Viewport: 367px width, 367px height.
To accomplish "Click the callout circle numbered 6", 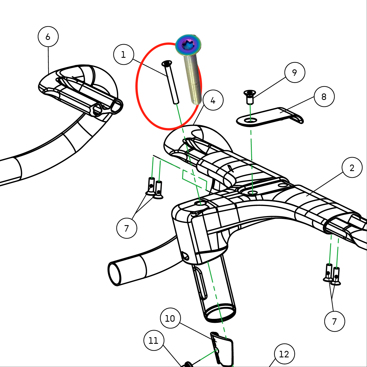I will click(x=48, y=37).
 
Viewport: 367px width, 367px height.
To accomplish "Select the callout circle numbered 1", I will click(x=123, y=54).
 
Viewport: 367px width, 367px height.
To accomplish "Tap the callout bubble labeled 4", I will click(x=213, y=100).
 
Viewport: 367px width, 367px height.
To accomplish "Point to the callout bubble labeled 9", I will click(x=295, y=72).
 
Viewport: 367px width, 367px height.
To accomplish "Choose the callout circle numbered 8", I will click(x=324, y=97).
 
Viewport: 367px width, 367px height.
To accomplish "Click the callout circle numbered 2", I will click(x=352, y=168).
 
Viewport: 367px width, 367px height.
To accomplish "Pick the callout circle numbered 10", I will click(x=170, y=318).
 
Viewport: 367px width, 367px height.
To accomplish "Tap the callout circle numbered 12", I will click(x=284, y=354).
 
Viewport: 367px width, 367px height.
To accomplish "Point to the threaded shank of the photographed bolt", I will click(x=193, y=79).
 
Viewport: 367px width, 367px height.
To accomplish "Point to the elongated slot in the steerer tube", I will click(x=200, y=283).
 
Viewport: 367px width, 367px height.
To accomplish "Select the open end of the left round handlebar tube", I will click(x=114, y=274).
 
